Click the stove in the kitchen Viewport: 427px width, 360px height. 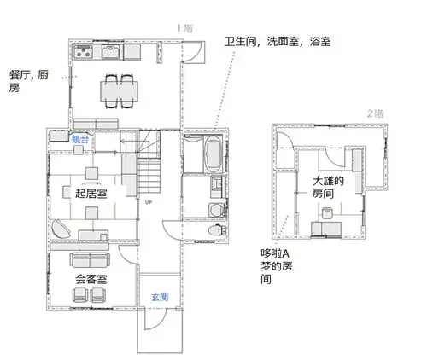coord(85,53)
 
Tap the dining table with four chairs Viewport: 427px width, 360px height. coord(118,88)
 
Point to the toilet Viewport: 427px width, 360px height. coord(216,229)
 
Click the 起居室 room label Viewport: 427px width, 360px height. coord(91,193)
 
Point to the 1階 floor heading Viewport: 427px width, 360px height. coord(184,27)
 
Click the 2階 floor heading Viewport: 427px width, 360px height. coord(374,113)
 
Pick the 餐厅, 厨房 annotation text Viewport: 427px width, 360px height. coord(28,81)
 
